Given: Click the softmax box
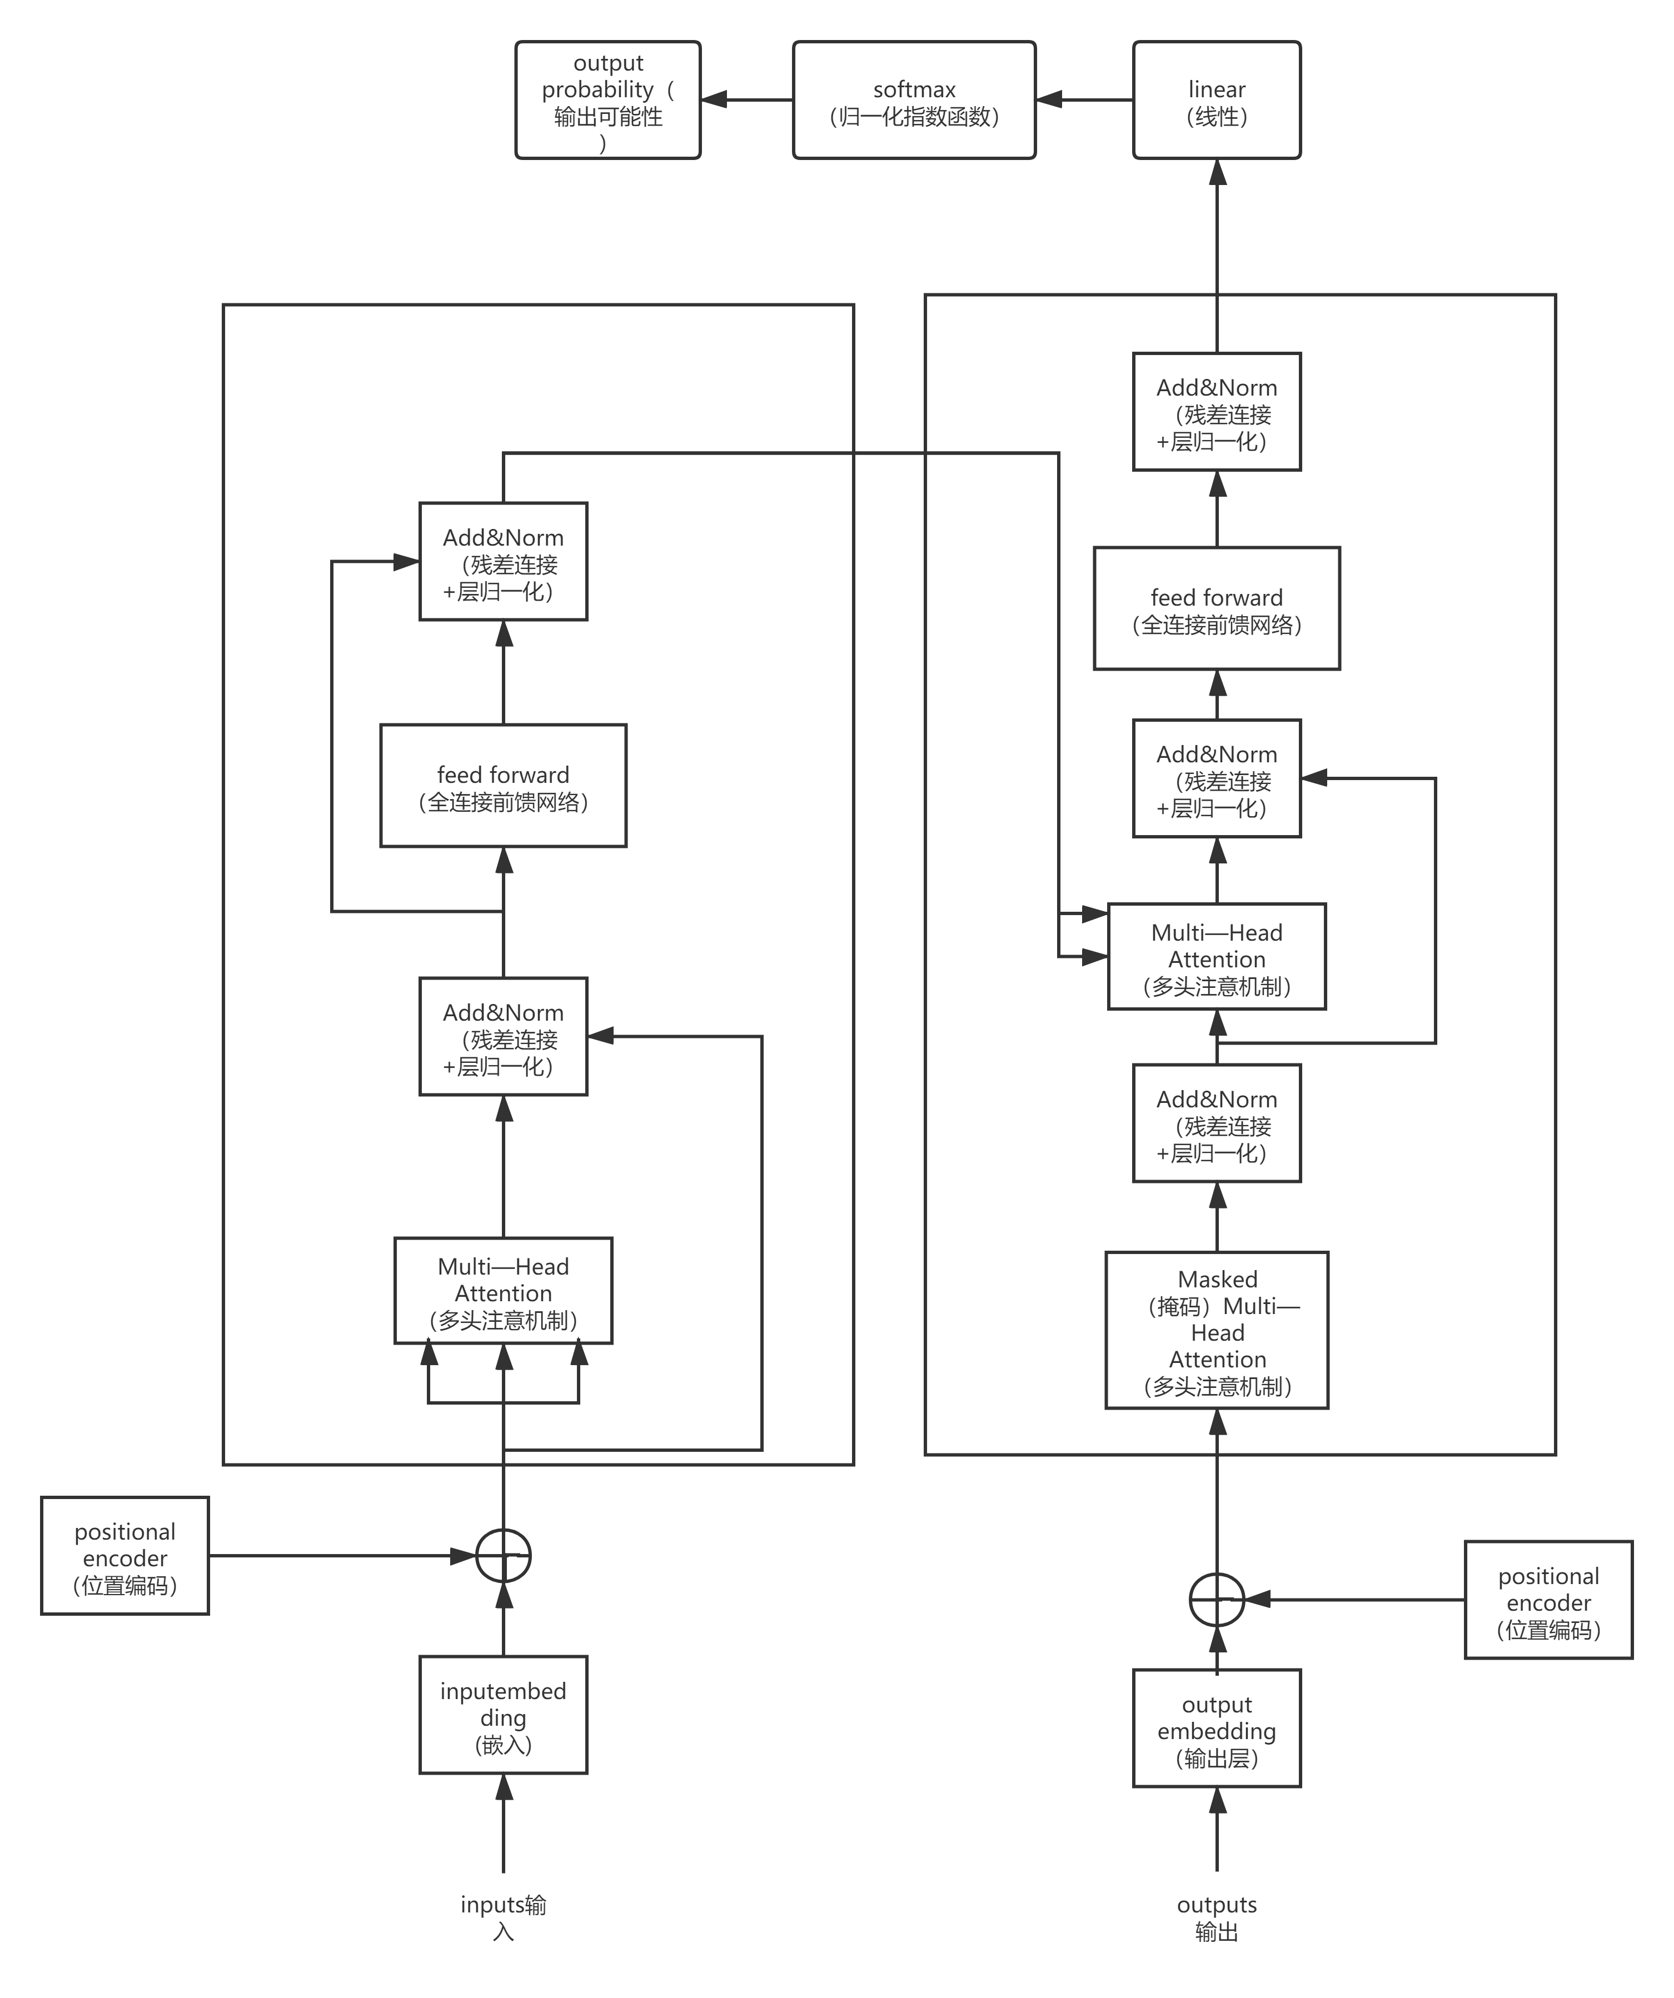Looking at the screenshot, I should [x=914, y=100].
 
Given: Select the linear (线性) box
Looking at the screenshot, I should [x=1216, y=100].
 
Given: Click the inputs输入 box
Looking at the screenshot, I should [x=504, y=1914].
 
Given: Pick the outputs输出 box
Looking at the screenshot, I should [x=1216, y=1914].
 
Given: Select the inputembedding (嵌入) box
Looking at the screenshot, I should [x=504, y=1715].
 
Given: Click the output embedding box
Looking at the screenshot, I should [x=1216, y=1728].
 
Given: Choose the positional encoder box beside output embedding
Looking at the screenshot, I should [x=1548, y=1600].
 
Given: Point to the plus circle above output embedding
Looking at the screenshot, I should [x=1216, y=1600].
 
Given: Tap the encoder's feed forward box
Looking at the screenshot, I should [x=504, y=786].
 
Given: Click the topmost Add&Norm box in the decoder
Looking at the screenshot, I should [x=1216, y=412].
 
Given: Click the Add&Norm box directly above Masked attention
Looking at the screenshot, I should [x=1216, y=1123].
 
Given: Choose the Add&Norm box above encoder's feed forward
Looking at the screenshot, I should [x=504, y=561].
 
